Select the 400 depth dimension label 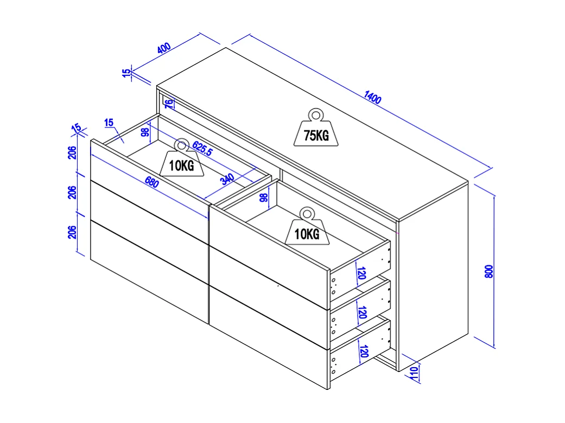[x=164, y=48]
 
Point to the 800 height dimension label [x=488, y=271]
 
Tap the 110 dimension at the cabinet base [x=414, y=373]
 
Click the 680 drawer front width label [x=151, y=183]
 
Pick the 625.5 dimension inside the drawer [x=202, y=148]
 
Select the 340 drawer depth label [x=227, y=180]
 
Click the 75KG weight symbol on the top [x=316, y=130]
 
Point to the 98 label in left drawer [x=145, y=133]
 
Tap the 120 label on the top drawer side [x=361, y=272]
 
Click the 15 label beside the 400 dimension [x=127, y=73]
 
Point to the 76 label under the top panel [x=169, y=102]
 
